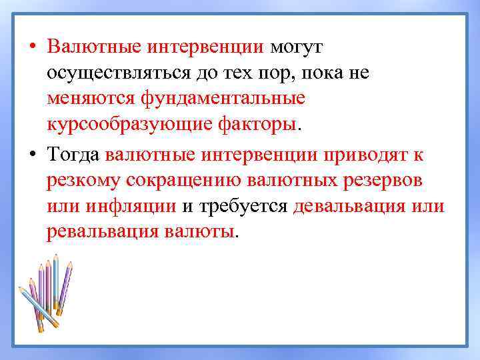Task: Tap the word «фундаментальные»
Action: coord(223,99)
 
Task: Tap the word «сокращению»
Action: coord(189,181)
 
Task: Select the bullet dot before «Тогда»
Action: coord(32,156)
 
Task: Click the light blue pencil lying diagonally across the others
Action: coord(36,307)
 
